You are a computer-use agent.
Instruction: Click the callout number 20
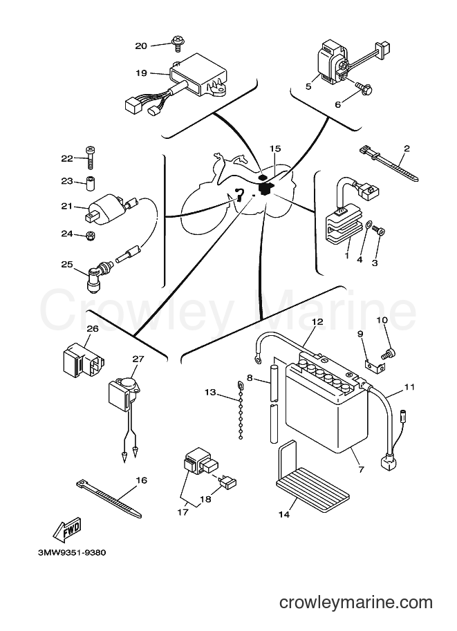point(141,46)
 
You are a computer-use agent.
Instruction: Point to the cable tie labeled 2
point(388,164)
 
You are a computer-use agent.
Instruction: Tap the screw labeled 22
point(91,158)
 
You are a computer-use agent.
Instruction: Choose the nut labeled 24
point(91,236)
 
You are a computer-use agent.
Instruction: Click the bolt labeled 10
point(387,353)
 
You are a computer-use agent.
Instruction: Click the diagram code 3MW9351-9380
point(72,553)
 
